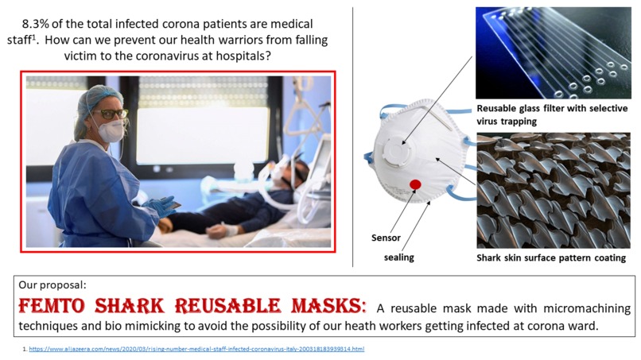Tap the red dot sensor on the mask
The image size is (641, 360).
[x=414, y=184]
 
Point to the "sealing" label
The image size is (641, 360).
[x=400, y=257]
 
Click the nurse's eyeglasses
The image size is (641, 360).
[x=111, y=114]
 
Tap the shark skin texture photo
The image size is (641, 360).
[x=554, y=191]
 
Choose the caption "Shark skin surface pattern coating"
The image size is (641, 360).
[x=551, y=257]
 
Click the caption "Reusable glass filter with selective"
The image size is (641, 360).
[x=554, y=109]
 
